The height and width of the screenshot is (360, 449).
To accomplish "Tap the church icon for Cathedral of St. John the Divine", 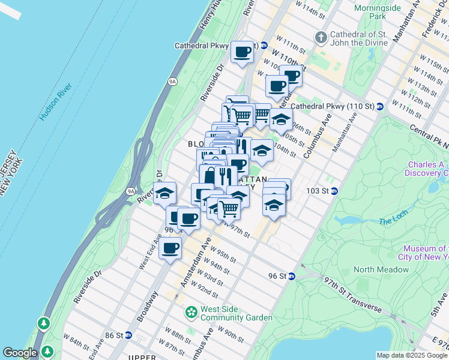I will coord(321,38).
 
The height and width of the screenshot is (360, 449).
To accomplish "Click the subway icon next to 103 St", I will coord(334,191).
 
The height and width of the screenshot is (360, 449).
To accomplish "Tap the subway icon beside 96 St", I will coord(291,276).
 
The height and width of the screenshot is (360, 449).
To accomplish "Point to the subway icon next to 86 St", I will coord(128,335).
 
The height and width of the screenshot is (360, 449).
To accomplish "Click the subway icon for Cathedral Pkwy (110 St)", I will coord(380,106).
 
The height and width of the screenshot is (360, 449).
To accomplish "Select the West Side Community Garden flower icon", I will coord(191,313).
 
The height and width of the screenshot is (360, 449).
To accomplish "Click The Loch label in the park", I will coord(393,222).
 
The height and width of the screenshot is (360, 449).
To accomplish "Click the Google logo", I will coord(20,353).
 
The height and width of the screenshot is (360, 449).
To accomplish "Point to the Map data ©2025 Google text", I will coord(412,355).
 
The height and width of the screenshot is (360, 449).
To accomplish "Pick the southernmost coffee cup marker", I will coord(170,247).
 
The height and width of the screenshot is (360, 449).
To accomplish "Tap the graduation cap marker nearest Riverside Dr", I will coord(164,194).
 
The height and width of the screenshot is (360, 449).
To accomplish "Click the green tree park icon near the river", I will coord(44,324).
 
